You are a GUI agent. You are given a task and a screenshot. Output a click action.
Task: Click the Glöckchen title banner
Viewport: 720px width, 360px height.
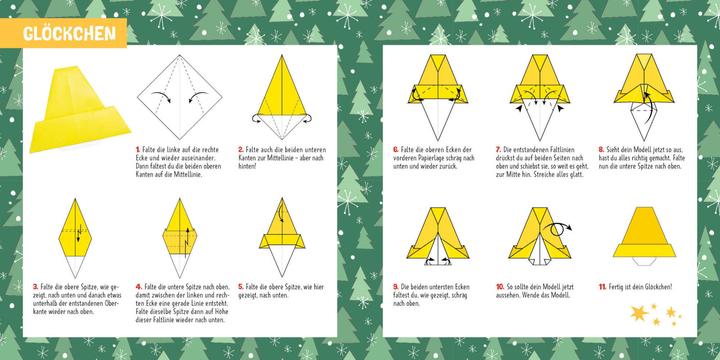point(64,33)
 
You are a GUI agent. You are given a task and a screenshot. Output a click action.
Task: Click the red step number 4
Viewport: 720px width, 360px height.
point(138,286)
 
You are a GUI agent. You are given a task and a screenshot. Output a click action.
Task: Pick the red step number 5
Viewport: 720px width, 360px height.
point(241,286)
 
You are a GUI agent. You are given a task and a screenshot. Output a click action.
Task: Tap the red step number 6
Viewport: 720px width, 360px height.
point(397,148)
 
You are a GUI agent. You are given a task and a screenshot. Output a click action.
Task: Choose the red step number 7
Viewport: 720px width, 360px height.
point(497,148)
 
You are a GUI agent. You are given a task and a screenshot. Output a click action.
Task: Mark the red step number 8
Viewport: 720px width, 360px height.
point(600,148)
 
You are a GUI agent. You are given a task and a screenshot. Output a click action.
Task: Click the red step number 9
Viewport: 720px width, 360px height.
point(397,286)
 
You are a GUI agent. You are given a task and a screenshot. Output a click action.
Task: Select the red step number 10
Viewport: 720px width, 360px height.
point(499,286)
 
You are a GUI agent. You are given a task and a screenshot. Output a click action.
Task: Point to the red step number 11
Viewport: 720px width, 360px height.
point(602,286)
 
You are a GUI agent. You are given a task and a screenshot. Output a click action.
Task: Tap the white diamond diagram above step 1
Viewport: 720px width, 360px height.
point(180,95)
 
